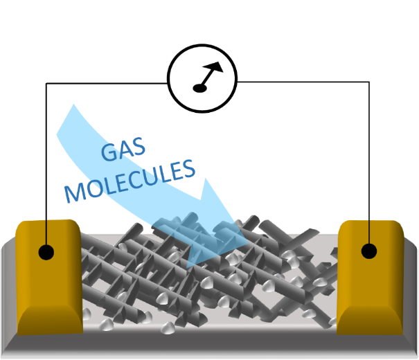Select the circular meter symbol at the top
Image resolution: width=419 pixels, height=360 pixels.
coord(202,74)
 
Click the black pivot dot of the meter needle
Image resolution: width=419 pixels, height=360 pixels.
coord(197,87)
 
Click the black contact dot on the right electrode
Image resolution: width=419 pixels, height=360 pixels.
coord(371,251)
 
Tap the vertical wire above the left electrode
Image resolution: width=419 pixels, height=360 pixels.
coord(46,159)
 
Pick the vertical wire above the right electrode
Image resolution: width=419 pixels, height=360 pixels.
coord(371,159)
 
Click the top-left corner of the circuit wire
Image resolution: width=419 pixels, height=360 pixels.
coord(46,83)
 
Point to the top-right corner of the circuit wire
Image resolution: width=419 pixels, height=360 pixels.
coord(371,82)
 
